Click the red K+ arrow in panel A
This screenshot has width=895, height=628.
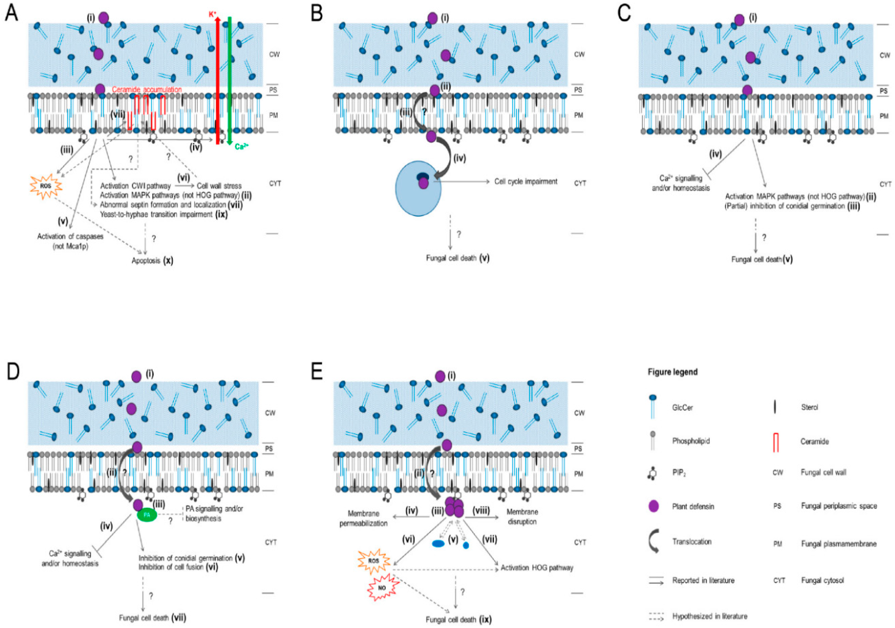(218, 78)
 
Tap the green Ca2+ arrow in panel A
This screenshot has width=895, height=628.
(230, 78)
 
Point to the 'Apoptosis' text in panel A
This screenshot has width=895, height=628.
(146, 260)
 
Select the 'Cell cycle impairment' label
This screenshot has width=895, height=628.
(526, 181)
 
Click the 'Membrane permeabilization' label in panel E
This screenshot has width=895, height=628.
(363, 518)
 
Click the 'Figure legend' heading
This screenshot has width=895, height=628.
(672, 372)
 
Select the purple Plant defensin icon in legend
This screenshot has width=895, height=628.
(654, 506)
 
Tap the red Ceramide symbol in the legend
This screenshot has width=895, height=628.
(776, 442)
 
